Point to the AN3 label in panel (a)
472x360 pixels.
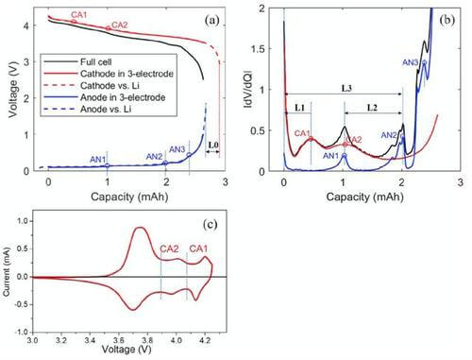(177, 148)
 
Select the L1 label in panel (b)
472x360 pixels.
(297, 110)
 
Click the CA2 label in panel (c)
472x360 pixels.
(170, 249)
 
